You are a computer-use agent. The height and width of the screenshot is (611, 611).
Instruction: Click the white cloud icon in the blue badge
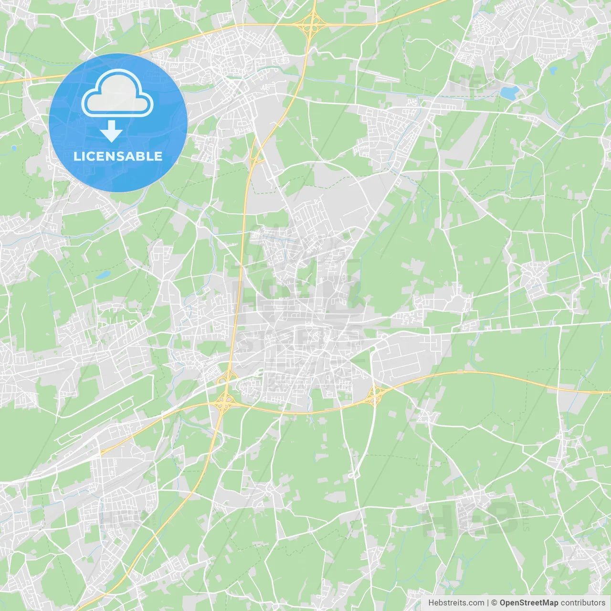click(x=117, y=93)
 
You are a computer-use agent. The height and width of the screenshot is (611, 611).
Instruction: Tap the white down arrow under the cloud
click(x=111, y=131)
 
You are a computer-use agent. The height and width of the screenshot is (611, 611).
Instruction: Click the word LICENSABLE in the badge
click(x=118, y=156)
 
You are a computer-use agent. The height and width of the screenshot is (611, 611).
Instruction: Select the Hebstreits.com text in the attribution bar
click(x=456, y=603)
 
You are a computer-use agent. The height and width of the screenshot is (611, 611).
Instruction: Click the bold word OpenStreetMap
click(x=529, y=603)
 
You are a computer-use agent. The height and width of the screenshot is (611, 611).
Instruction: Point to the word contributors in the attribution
click(x=583, y=603)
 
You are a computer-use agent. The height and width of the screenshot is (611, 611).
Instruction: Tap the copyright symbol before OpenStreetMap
click(x=494, y=603)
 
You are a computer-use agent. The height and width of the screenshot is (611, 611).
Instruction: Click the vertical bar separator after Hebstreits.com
click(x=488, y=603)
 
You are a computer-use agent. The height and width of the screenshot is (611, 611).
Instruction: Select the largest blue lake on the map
click(x=509, y=93)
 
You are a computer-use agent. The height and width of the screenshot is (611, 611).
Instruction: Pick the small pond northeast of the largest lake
click(x=553, y=71)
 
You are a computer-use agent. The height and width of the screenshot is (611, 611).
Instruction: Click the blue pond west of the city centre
click(x=103, y=275)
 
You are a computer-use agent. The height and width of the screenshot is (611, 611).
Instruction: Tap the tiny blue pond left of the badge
click(x=13, y=148)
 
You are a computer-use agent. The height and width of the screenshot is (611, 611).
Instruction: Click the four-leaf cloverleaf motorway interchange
click(x=223, y=402)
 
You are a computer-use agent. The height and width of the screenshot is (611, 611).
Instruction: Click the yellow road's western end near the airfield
click(x=101, y=452)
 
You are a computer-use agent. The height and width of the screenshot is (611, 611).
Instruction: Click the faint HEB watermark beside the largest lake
click(x=470, y=84)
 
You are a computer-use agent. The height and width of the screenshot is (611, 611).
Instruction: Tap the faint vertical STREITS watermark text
click(x=526, y=516)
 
